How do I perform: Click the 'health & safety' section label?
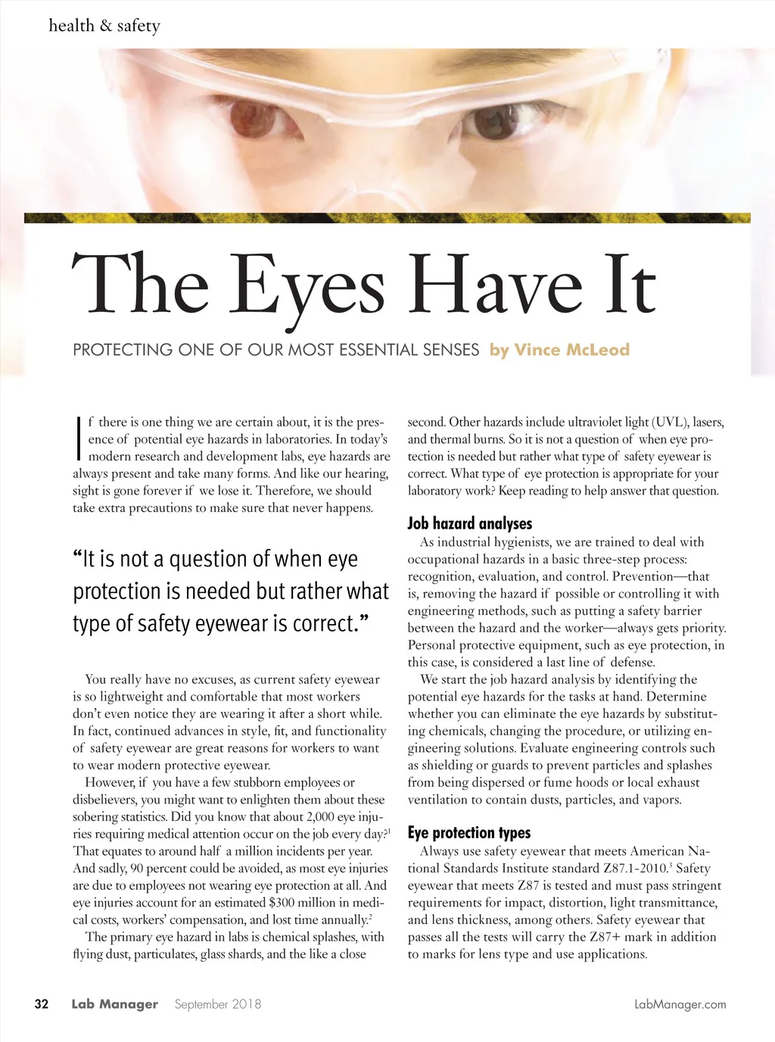[x=104, y=26]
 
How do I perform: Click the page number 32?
[x=42, y=1004]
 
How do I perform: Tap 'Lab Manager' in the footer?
[x=114, y=1004]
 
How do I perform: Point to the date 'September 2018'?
[x=218, y=1004]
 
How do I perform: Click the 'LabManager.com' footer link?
[x=680, y=1005]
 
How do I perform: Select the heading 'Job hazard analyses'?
[x=469, y=523]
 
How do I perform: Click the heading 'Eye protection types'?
[x=469, y=833]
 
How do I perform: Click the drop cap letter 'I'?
[x=79, y=438]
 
